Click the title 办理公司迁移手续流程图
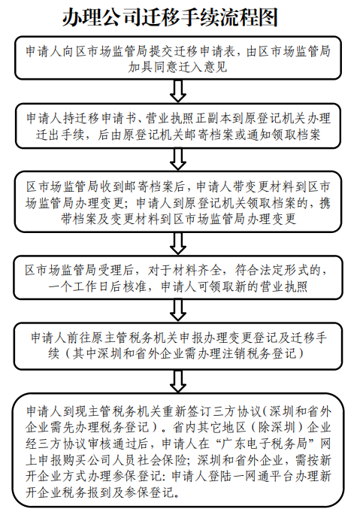pos(171,17)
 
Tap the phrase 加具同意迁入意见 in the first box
pos(178,67)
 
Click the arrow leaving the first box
pos(178,91)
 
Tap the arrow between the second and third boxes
pos(178,159)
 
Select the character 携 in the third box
pos(325,202)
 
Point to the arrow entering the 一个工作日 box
pos(178,244)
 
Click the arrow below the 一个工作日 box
pos(178,310)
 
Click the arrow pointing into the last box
pos(178,381)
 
